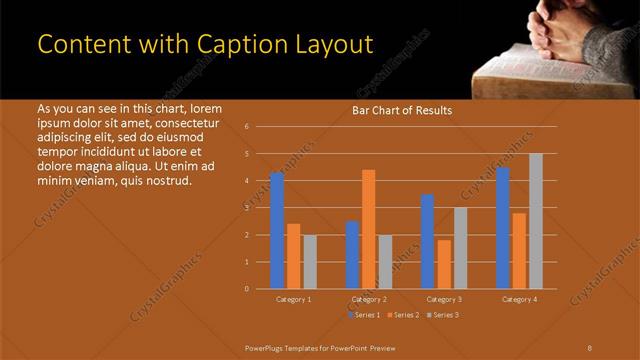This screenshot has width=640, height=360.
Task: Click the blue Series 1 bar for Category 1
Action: click(x=277, y=230)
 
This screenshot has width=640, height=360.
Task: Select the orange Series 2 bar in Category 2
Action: click(x=369, y=229)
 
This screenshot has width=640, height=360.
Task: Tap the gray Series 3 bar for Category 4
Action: click(x=536, y=221)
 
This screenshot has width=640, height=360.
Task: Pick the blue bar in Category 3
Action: click(x=427, y=241)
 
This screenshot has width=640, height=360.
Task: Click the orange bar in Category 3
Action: click(x=444, y=264)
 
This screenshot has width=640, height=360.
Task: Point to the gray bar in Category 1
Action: click(x=310, y=261)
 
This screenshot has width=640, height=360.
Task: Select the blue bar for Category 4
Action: click(x=503, y=227)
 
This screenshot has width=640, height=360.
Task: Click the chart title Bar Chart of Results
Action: click(x=402, y=111)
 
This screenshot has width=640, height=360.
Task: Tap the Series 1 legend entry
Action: click(x=364, y=315)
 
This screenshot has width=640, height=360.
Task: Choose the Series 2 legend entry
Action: click(x=403, y=315)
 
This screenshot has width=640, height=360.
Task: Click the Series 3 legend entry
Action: click(x=443, y=315)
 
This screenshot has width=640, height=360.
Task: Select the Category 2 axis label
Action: click(x=369, y=299)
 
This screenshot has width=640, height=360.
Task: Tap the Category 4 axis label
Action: click(x=519, y=299)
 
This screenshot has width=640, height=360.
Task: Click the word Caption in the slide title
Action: click(x=225, y=45)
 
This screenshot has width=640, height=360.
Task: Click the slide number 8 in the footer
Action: click(x=590, y=347)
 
